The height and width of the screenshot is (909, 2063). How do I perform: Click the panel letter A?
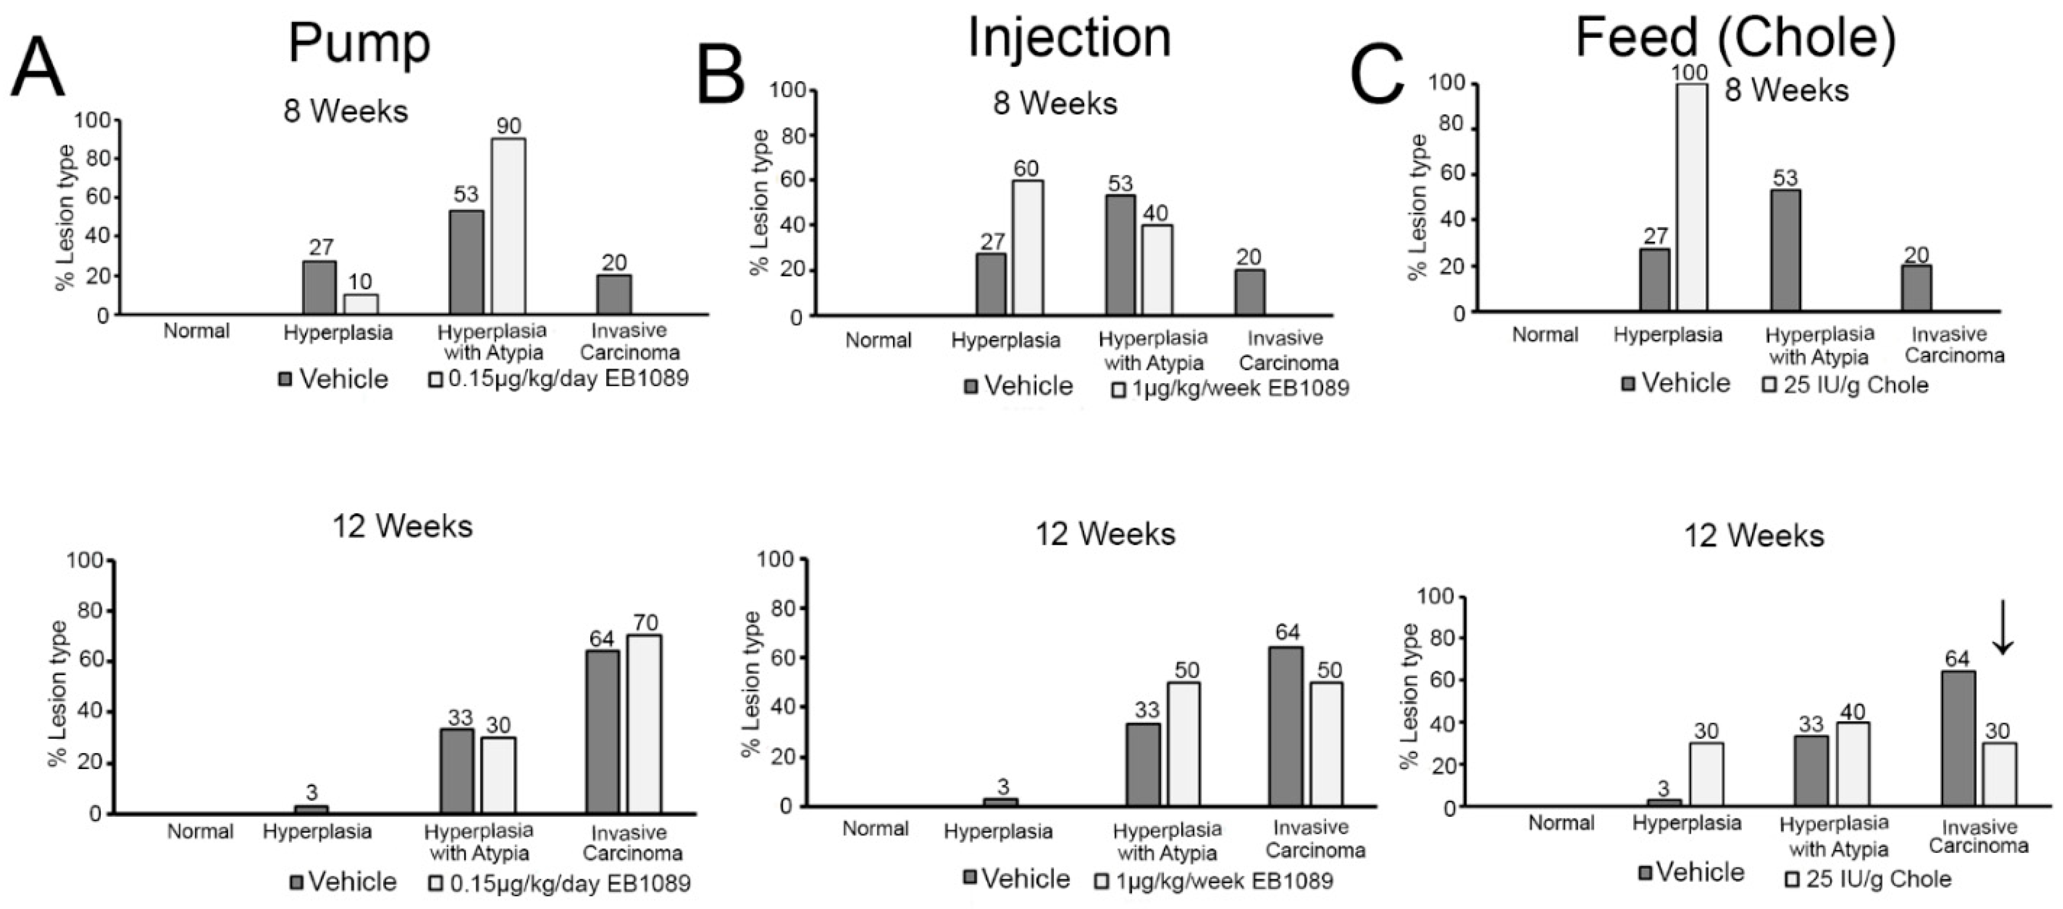[38, 69]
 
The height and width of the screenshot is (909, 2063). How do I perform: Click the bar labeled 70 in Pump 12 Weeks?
[644, 724]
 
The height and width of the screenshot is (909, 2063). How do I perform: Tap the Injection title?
[1069, 38]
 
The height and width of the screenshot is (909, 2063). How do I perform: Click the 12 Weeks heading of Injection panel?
[1105, 534]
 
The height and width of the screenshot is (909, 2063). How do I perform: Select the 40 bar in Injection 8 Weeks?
[1156, 270]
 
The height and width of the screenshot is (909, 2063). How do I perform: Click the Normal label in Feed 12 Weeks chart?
[1561, 823]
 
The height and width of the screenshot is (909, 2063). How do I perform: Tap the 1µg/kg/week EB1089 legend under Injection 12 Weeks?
[1214, 881]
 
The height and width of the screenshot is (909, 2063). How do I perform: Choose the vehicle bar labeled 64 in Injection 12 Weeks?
[1286, 726]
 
